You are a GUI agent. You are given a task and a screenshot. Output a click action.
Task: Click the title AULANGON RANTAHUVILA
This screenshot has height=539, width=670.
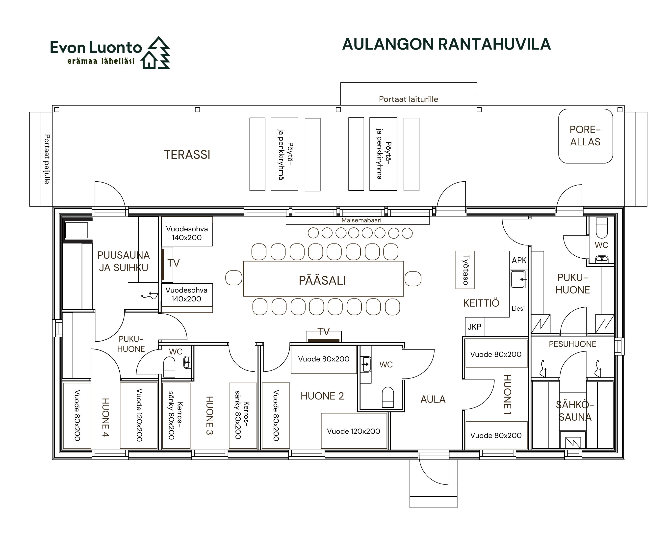[446, 44]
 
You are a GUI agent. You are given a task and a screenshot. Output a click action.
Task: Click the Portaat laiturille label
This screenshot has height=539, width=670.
[408, 99]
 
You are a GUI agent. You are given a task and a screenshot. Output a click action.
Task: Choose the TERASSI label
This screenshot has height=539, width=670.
[187, 155]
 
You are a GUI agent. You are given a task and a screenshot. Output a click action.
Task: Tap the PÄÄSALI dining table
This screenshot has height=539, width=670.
[323, 279]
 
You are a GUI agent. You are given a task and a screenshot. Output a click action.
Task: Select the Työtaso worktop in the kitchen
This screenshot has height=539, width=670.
[465, 270]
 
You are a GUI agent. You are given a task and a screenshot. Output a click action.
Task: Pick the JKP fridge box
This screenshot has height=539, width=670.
[474, 327]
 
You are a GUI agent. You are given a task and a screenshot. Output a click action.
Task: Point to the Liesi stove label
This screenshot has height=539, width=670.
[518, 309]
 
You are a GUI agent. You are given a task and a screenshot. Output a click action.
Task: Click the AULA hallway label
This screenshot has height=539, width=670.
[433, 399]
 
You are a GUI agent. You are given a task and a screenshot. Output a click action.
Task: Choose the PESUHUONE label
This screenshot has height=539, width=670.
[572, 344]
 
